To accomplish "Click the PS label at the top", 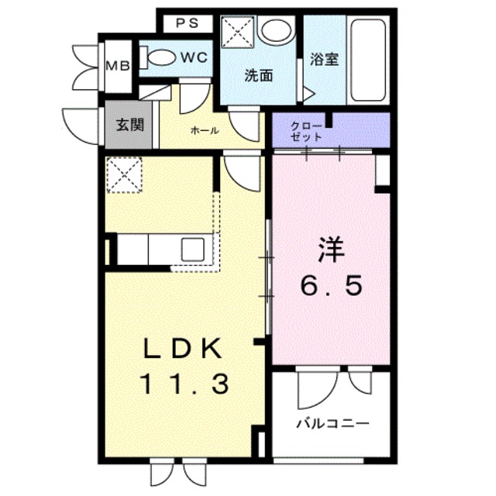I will pyautogui.click(x=187, y=22).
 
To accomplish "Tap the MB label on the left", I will pyautogui.click(x=118, y=65).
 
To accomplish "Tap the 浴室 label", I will pyautogui.click(x=325, y=60).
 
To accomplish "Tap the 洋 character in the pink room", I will pyautogui.click(x=330, y=252).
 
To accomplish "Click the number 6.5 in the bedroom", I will pyautogui.click(x=331, y=288).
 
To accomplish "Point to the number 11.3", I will pyautogui.click(x=184, y=382).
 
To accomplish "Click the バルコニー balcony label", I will pyautogui.click(x=332, y=424).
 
